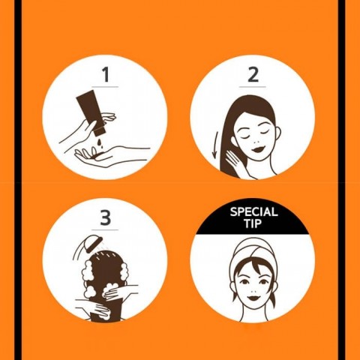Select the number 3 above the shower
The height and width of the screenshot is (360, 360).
point(105,218)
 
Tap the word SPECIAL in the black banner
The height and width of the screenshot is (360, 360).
point(253,212)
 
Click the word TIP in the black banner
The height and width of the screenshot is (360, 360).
point(253,224)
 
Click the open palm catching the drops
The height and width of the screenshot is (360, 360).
point(105,156)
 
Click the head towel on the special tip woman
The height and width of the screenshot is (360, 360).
point(253,252)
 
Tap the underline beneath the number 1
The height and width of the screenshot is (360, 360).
point(105,87)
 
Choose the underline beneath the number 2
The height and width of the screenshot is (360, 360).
point(253,87)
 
